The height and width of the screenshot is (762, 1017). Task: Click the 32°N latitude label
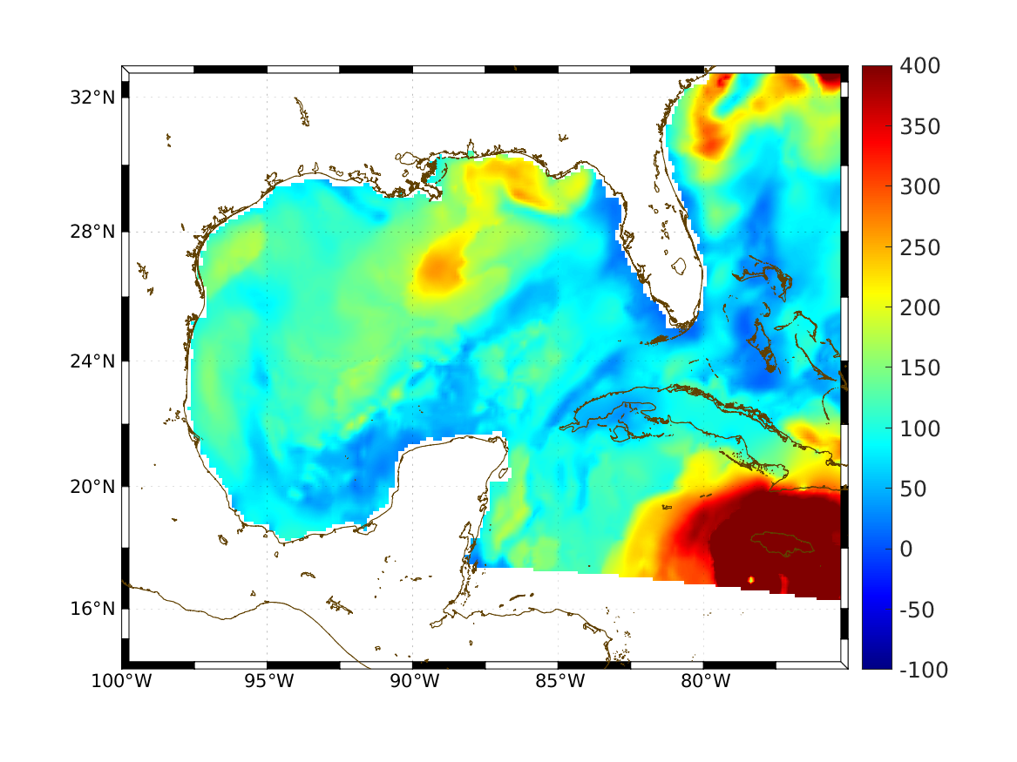tap(92, 97)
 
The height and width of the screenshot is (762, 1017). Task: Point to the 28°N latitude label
tap(92, 233)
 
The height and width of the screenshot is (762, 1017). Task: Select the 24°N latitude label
tap(92, 361)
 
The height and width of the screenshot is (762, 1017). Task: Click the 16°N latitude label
tap(92, 609)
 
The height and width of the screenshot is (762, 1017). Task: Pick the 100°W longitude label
tap(121, 682)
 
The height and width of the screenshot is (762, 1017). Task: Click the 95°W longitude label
tap(268, 682)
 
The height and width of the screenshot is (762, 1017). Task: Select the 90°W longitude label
tap(413, 682)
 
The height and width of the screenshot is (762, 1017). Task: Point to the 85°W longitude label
tap(559, 682)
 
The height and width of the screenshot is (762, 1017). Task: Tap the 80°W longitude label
tap(704, 682)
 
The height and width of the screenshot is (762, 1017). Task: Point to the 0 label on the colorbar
tap(905, 550)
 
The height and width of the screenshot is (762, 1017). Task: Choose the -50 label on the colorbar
tap(916, 610)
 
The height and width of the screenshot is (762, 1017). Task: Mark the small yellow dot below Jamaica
tap(751, 579)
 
